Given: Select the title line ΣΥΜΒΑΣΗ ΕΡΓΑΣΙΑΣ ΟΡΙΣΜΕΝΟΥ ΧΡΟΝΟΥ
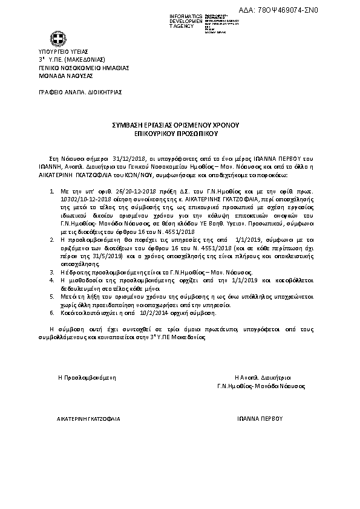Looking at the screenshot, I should pyautogui.click(x=180, y=123).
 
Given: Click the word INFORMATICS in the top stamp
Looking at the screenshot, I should pyautogui.click(x=185, y=15).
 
